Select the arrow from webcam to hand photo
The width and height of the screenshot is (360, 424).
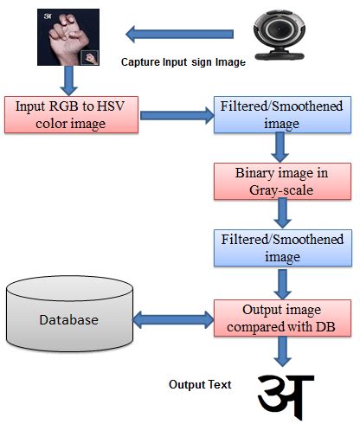pos(170,35)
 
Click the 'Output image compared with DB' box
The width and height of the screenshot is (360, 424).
pos(278,318)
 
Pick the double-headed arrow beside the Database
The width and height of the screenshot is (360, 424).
pos(170,320)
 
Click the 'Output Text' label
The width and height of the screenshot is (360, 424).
pos(200,383)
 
